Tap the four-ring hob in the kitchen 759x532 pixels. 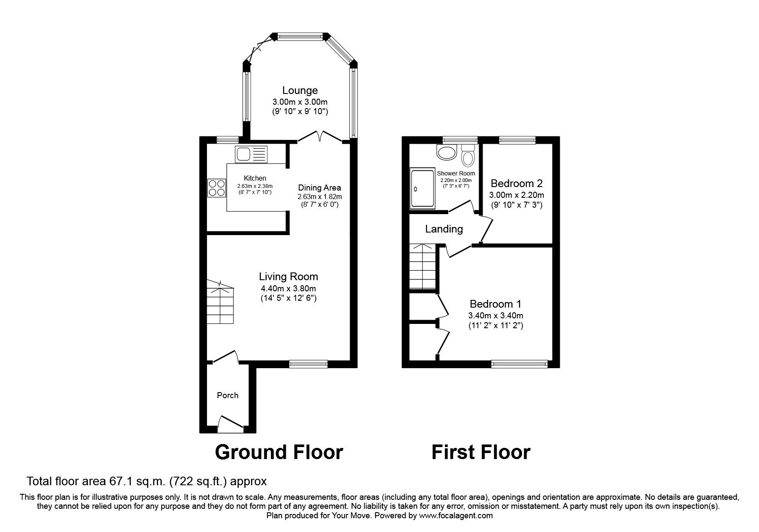(x=217, y=187)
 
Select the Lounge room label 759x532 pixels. (x=300, y=91)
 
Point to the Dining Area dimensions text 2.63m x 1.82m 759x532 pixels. (x=320, y=196)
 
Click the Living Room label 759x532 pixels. (x=288, y=277)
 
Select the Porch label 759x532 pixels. (x=228, y=396)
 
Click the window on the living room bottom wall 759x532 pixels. (x=309, y=364)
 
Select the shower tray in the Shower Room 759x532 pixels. (x=422, y=189)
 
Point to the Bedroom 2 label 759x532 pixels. (x=516, y=184)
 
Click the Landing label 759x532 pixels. (x=444, y=229)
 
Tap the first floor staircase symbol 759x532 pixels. (x=423, y=267)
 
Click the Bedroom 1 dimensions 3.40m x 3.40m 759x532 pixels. (x=496, y=316)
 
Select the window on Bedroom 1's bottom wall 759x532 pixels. (x=519, y=364)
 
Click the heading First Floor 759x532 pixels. (x=480, y=452)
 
